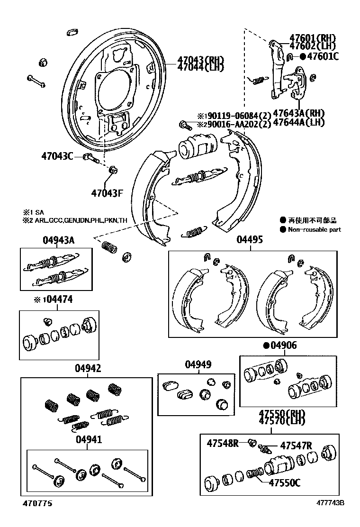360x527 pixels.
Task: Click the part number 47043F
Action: [x=107, y=193]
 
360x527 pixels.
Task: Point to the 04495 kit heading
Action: [x=249, y=240]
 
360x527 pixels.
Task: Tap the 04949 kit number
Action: [x=198, y=364]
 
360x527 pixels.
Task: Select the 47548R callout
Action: [x=223, y=443]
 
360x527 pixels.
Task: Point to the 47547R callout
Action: [x=296, y=446]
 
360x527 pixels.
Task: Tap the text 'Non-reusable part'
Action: [x=321, y=230]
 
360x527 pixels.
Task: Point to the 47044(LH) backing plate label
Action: [x=200, y=67]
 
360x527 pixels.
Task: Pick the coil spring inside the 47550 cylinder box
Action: [x=255, y=473]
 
